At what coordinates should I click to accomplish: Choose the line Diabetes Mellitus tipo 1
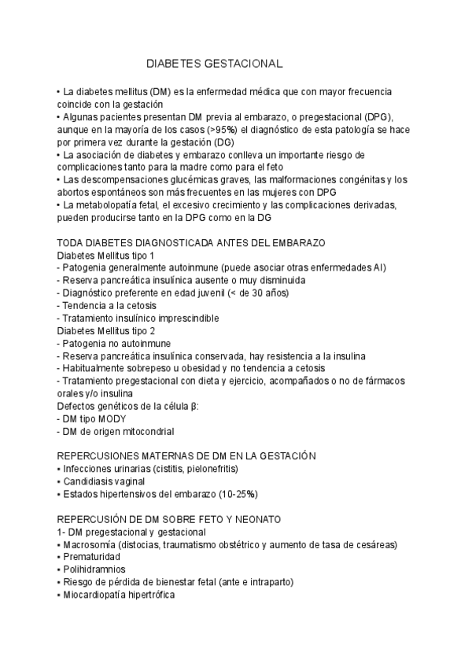[106, 256]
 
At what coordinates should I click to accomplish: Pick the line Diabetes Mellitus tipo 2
[106, 331]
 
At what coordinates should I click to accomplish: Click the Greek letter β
[193, 407]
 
